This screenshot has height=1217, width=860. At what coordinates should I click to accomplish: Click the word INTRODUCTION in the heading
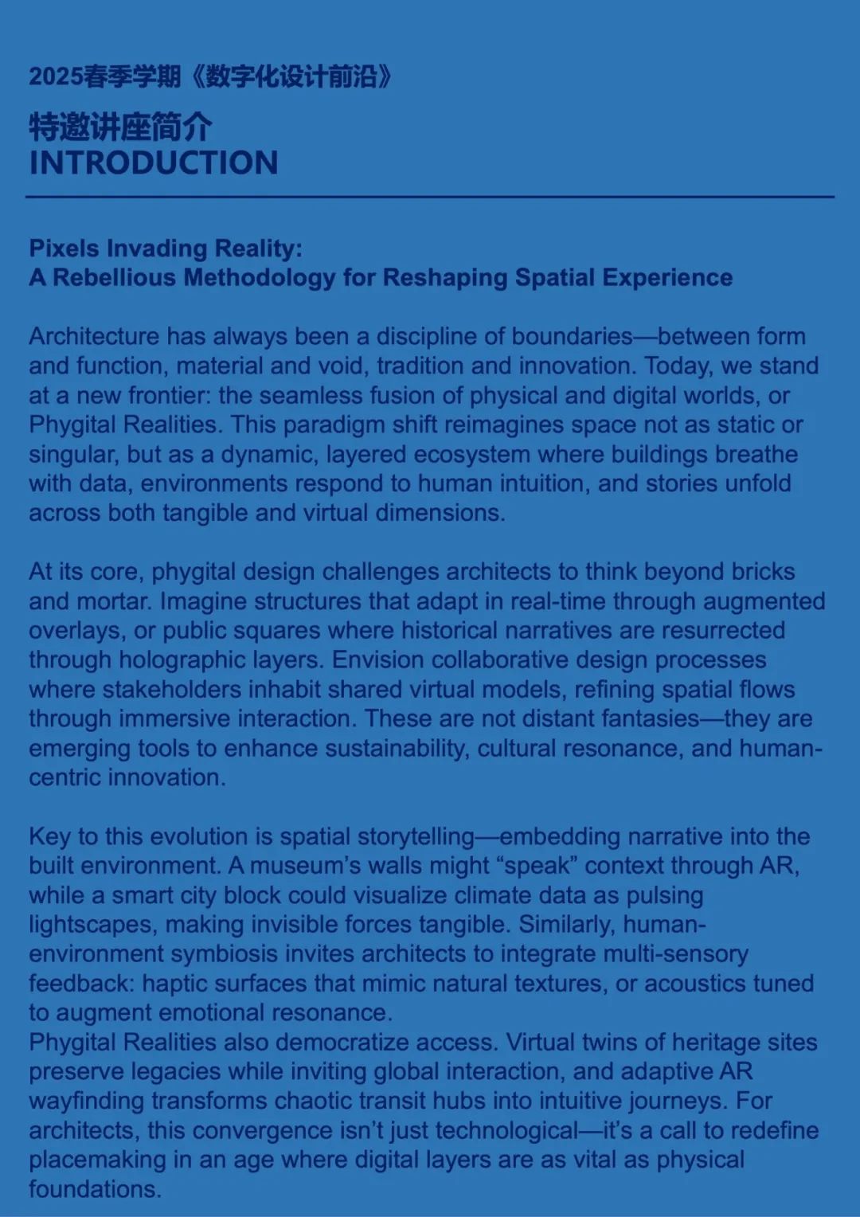[154, 163]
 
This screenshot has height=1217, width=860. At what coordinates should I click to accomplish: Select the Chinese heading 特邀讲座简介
[120, 127]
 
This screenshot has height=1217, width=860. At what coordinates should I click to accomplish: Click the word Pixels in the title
[64, 248]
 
